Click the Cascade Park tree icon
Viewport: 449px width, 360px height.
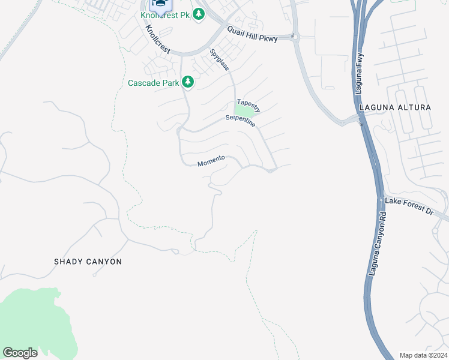[x=188, y=82]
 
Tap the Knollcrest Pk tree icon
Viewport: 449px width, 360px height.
[x=199, y=14]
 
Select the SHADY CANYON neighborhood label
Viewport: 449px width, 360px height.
[x=88, y=262]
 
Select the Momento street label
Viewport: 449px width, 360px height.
[x=211, y=161]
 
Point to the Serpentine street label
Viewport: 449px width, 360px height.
[x=240, y=121]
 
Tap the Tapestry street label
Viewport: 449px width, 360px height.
[x=249, y=105]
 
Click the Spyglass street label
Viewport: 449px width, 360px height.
[x=219, y=59]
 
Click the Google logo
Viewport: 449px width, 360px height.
[x=20, y=353]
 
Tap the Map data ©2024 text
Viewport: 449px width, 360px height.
[x=423, y=355]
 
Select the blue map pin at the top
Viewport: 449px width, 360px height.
[x=160, y=5]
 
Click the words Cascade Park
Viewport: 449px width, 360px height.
[x=153, y=83]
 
